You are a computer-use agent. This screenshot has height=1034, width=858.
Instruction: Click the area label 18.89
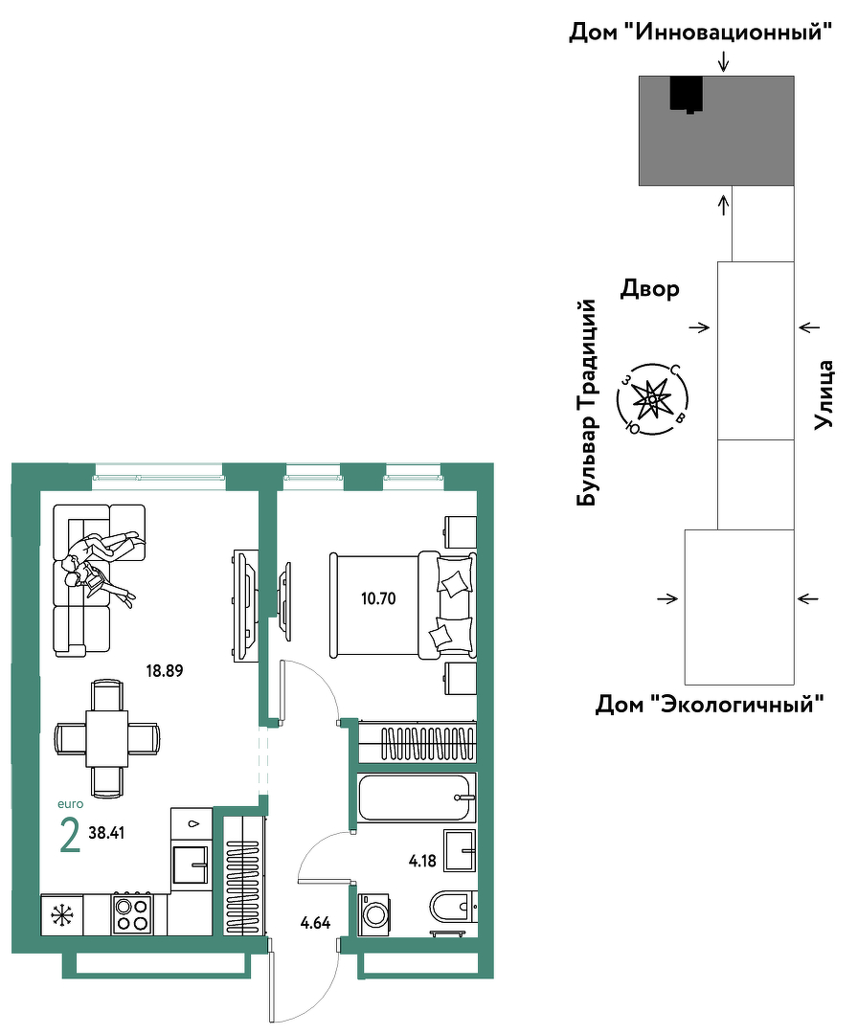coord(164,670)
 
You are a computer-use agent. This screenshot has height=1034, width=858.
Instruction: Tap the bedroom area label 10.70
coord(378,598)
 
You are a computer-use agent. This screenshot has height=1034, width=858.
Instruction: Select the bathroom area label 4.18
coord(422,861)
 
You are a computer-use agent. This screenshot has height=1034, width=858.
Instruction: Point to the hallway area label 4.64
coord(315,923)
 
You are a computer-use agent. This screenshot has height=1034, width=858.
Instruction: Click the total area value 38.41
coord(107,833)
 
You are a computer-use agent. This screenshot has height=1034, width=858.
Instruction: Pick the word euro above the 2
coord(71,804)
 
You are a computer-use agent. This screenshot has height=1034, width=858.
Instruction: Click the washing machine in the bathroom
coord(373,914)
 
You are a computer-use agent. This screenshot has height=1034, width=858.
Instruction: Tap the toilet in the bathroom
coord(453,907)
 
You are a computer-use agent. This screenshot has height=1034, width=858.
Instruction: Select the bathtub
coord(417,798)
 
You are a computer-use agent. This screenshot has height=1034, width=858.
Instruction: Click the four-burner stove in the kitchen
coord(132,914)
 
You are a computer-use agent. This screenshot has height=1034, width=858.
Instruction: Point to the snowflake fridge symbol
coord(62,914)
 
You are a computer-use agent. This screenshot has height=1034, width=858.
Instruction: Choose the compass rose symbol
coord(652,399)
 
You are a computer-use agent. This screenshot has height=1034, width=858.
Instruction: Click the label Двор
coord(649,289)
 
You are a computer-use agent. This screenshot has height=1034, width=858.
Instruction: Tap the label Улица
coord(824,395)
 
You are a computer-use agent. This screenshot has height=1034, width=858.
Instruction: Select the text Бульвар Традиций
coord(586,403)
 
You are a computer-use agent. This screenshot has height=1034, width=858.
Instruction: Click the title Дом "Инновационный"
coord(700,31)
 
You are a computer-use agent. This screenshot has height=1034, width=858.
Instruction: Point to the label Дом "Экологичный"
coord(711,705)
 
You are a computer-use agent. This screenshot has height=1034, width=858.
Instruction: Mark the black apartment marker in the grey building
coord(686,94)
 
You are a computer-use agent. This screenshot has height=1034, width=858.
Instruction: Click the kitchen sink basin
coord(192,865)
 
